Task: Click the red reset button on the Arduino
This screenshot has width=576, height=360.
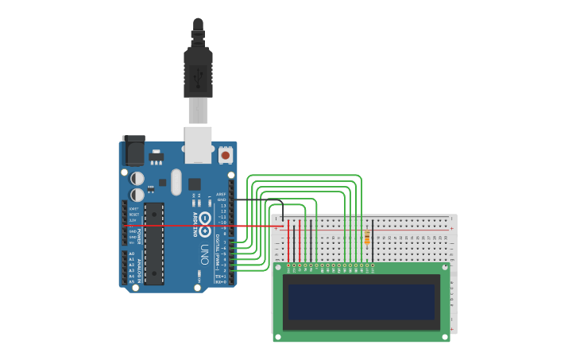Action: click(226, 155)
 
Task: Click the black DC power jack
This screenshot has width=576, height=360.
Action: click(133, 151)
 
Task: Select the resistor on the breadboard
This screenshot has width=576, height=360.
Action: click(366, 237)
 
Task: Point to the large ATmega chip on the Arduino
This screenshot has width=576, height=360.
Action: click(153, 243)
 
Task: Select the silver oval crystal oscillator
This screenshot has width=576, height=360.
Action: click(176, 182)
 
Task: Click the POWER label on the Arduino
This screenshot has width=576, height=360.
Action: click(140, 236)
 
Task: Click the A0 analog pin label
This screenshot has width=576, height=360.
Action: click(131, 254)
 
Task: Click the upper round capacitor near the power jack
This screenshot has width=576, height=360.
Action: click(137, 178)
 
